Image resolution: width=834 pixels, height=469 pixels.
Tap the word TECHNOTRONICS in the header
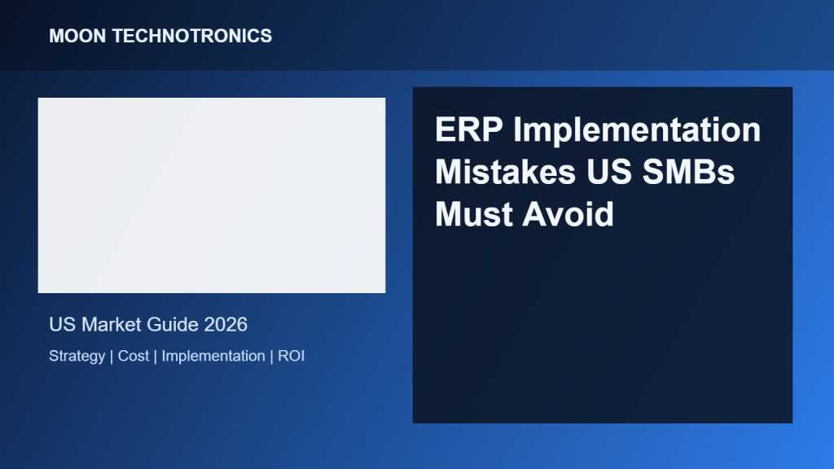[192, 36]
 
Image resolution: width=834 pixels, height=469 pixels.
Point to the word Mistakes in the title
[505, 172]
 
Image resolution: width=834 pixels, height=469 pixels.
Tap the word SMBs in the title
[688, 172]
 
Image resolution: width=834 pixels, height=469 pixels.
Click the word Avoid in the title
[568, 214]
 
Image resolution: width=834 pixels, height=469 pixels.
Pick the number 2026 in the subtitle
[226, 324]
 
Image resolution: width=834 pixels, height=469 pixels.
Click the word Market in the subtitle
[111, 324]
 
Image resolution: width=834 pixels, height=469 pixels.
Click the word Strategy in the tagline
[77, 357]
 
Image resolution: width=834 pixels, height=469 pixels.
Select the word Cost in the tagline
[134, 356]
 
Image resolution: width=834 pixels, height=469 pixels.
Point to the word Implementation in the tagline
[213, 357]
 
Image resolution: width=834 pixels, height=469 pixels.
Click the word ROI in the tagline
[291, 356]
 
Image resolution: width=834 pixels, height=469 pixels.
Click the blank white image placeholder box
[212, 195]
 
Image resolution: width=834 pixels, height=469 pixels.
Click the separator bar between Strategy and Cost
[112, 357]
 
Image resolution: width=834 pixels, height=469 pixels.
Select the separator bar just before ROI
[272, 357]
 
